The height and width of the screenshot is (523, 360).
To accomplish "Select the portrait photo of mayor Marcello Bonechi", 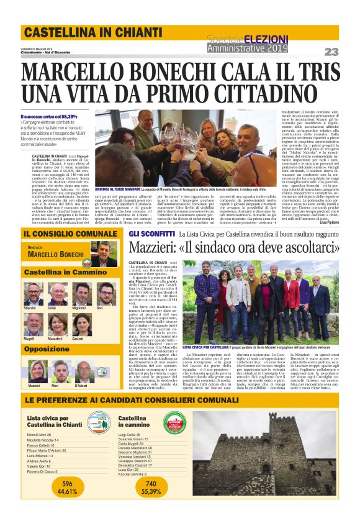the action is [x=104, y=254].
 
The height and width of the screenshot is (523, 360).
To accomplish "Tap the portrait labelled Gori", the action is [x=106, y=294].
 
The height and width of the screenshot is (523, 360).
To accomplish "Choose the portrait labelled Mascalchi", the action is [x=56, y=325].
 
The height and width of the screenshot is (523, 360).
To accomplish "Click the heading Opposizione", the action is [x=47, y=349].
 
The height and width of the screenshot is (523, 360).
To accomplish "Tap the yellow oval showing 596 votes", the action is [x=67, y=504].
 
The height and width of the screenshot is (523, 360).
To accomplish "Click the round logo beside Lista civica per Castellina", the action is [x=97, y=424].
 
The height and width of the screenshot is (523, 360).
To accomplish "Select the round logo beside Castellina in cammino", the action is [x=174, y=424].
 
